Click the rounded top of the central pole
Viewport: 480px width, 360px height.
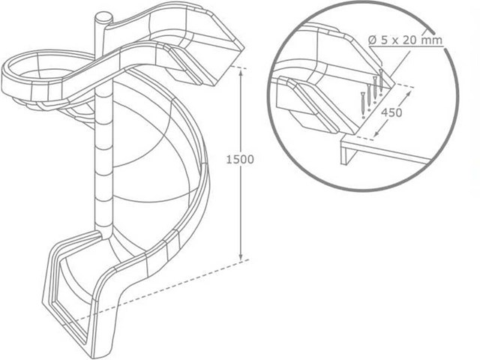click(103, 16)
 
